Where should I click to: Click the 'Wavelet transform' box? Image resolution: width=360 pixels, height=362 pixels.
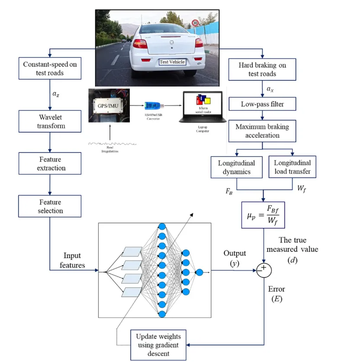[50, 122]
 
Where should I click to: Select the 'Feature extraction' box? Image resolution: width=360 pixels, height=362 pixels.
[50, 163]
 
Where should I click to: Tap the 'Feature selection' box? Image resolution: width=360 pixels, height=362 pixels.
[50, 206]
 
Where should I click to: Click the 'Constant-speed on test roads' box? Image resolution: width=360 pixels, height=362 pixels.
[50, 69]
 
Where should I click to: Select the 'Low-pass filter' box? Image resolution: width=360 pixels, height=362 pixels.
[263, 104]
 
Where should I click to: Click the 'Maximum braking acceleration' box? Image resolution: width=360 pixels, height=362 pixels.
[263, 131]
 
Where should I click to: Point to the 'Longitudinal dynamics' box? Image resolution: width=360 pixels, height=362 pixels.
[236, 167]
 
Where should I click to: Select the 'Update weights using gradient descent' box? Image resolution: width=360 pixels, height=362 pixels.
[159, 345]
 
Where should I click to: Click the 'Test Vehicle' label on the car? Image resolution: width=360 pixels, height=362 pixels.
[172, 62]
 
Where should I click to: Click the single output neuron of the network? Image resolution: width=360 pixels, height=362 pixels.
[199, 272]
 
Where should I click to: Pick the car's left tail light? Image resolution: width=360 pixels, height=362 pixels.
[140, 44]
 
